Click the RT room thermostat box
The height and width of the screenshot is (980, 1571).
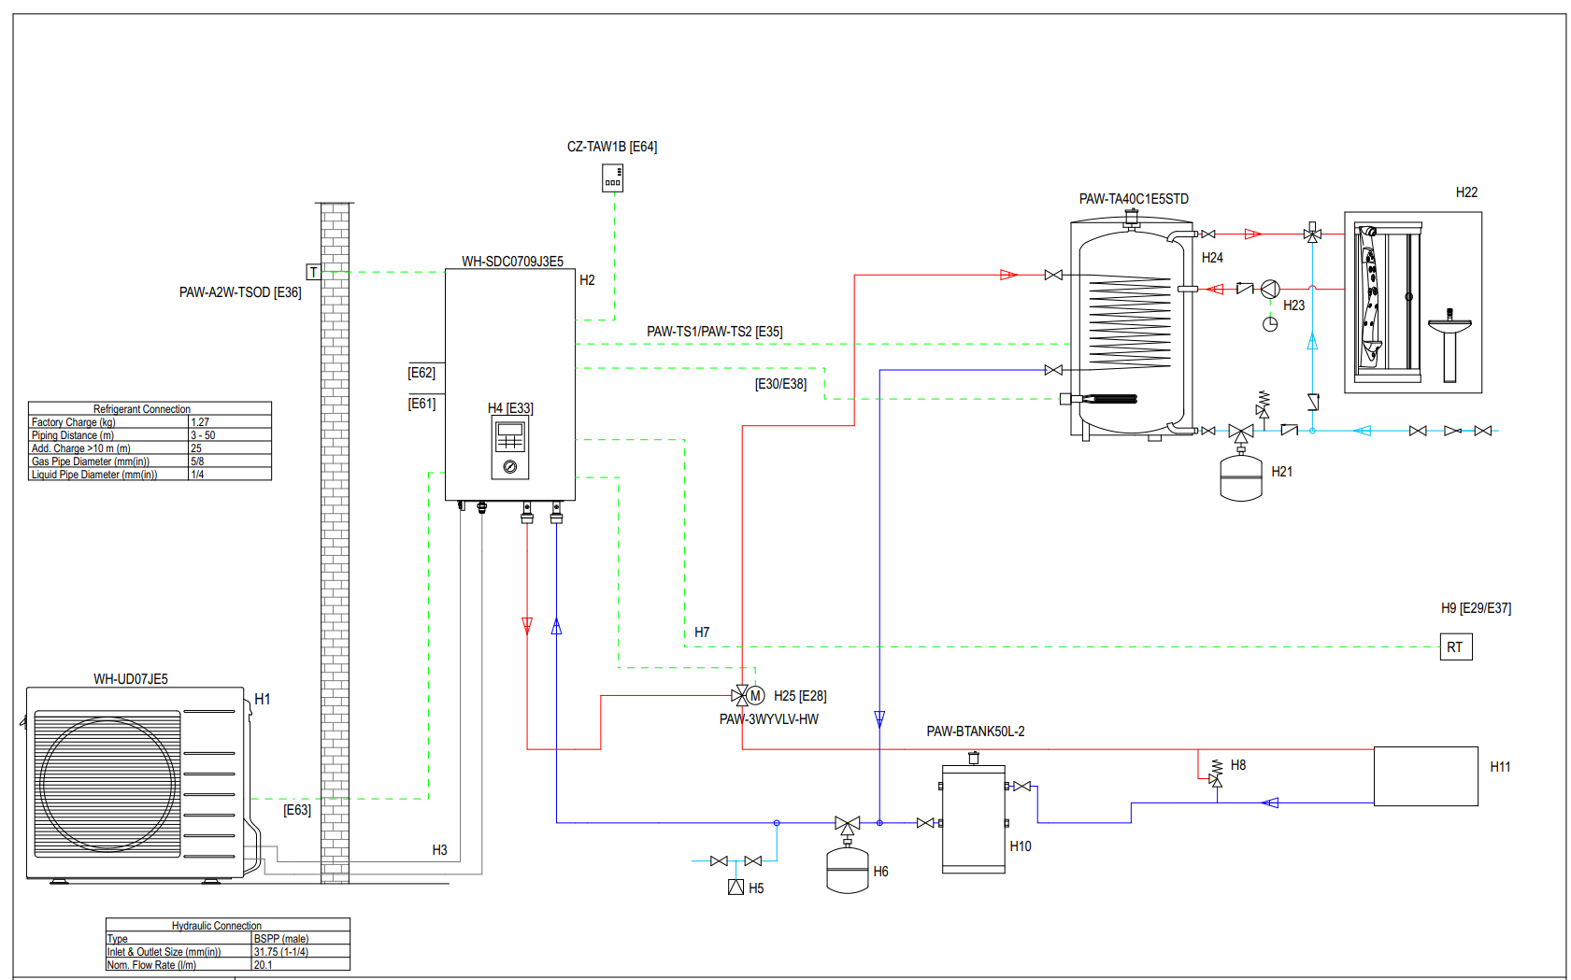point(1455,646)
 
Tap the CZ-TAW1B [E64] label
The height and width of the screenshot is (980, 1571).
point(611,147)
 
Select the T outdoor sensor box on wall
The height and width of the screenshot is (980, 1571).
point(314,272)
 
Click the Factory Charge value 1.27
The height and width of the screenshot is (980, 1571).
point(200,422)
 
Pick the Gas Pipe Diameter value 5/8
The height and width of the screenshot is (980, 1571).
point(197,462)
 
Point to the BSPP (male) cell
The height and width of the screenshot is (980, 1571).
point(280,939)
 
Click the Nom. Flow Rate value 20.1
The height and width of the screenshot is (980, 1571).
point(263,965)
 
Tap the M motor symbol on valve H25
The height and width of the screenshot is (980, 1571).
point(756,696)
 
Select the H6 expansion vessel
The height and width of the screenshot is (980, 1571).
point(848,871)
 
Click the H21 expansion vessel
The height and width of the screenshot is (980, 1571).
point(1241,477)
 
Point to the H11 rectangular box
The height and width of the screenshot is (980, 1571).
point(1425,775)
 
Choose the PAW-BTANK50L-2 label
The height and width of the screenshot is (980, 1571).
point(975,731)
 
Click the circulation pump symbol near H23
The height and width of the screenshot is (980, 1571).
point(1270,290)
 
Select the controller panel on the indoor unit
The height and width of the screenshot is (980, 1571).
point(510,447)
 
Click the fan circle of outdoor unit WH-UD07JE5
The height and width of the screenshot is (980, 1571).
point(107,785)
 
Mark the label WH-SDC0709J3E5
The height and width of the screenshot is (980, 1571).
point(512,262)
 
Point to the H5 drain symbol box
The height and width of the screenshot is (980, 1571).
point(736,888)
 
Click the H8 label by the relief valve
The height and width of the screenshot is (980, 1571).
point(1238,765)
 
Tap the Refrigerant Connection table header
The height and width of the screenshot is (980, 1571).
point(142,409)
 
